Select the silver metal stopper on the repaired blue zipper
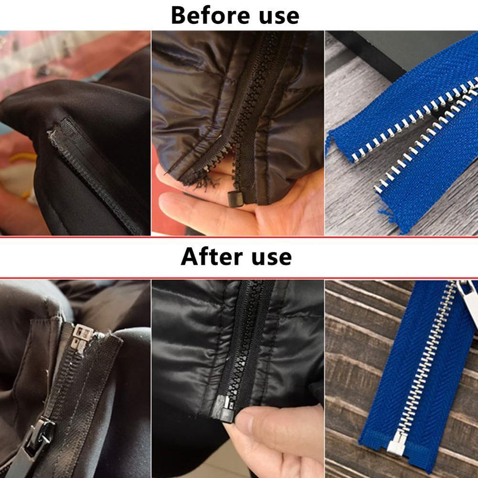396,444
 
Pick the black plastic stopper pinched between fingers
223,409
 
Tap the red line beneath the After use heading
239,278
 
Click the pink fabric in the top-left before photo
29,72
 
